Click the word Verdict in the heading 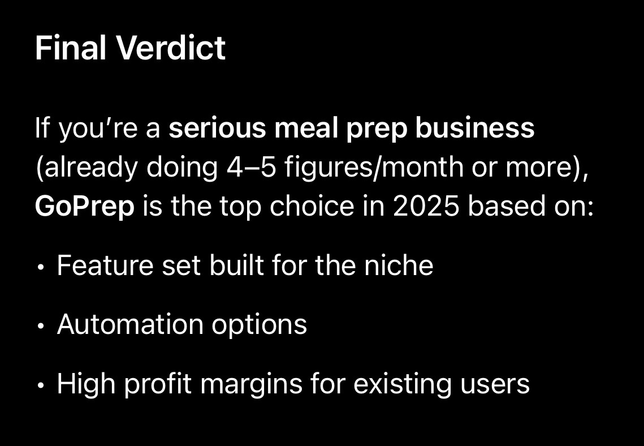[x=172, y=48]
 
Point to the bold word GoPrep [x=85, y=207]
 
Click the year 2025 [x=426, y=206]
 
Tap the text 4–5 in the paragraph [x=252, y=167]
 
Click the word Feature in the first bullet [x=105, y=265]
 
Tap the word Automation [x=130, y=324]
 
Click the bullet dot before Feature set [x=40, y=267]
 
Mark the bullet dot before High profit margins [x=40, y=386]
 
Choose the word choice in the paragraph [x=312, y=206]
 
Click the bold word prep [x=376, y=129]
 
